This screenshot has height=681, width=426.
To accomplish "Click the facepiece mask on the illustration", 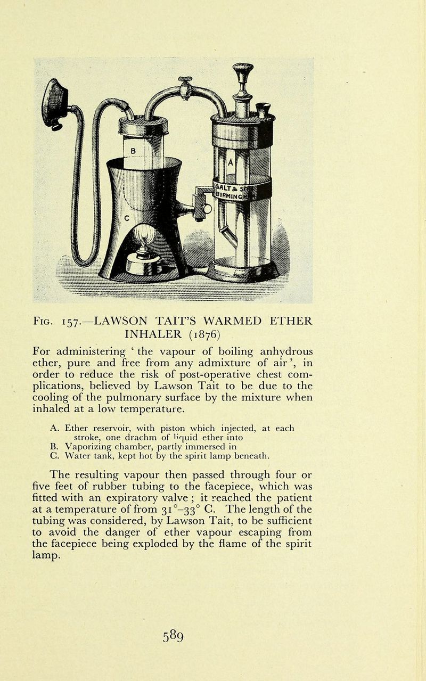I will pos(55,103).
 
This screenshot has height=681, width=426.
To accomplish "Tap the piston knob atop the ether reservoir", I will pos(243,70).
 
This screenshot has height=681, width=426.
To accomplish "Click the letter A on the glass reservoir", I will pos(231,162).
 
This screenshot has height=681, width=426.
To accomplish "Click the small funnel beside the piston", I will pos(263,110).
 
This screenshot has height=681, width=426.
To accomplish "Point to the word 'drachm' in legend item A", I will pos(120,437).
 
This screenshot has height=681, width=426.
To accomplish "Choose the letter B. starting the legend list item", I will pos(53,446).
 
